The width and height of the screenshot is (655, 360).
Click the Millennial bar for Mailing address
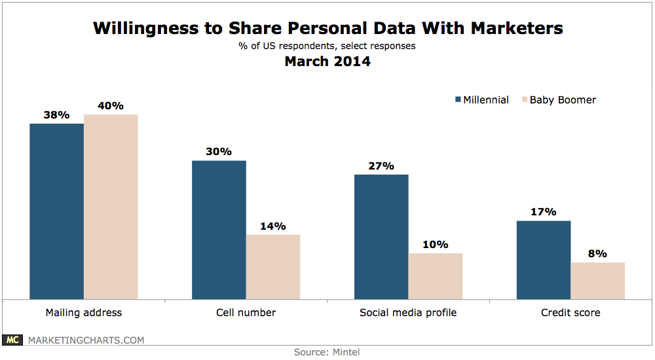[x=56, y=211]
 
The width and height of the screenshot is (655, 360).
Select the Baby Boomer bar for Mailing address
[x=111, y=206]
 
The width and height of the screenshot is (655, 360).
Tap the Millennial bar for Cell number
[x=219, y=230]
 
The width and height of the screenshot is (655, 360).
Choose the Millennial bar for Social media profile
[x=381, y=236]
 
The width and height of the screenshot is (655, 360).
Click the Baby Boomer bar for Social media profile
[x=435, y=276]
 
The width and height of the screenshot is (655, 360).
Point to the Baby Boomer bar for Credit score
[x=597, y=280]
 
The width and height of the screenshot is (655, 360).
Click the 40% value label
[x=111, y=105]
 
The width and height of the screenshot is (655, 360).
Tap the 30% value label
[x=219, y=152]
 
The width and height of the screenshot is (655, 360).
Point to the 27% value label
[x=381, y=166]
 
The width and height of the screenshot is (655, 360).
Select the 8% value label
[x=597, y=254]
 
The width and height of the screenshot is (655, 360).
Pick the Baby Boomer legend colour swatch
[x=523, y=100]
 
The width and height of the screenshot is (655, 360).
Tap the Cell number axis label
[x=246, y=312]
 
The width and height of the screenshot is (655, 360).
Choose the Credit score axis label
[x=571, y=312]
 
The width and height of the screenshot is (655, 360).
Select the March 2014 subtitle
[x=327, y=62]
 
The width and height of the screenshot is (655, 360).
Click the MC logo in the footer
[x=12, y=340]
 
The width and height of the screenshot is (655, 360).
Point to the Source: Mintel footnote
[x=327, y=352]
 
